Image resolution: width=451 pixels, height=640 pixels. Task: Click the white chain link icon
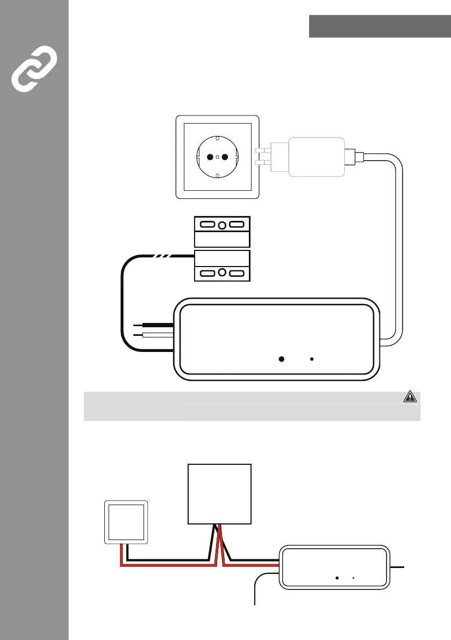[x=34, y=67]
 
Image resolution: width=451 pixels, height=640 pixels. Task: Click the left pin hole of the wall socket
[x=210, y=157]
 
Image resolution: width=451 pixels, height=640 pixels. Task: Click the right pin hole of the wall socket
[x=225, y=157]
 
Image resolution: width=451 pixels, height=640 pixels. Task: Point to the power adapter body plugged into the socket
[x=317, y=156]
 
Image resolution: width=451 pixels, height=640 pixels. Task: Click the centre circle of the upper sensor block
[x=222, y=225]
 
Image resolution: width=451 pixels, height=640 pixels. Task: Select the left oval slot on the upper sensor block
[x=206, y=225]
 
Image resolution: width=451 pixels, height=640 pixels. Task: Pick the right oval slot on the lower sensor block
[x=238, y=274]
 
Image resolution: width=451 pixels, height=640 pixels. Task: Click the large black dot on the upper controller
[x=281, y=359]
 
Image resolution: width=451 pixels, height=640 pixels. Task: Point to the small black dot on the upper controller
[x=312, y=359]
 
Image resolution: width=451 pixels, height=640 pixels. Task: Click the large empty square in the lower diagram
[x=219, y=493]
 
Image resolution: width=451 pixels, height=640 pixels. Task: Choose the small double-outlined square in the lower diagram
[x=126, y=521]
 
